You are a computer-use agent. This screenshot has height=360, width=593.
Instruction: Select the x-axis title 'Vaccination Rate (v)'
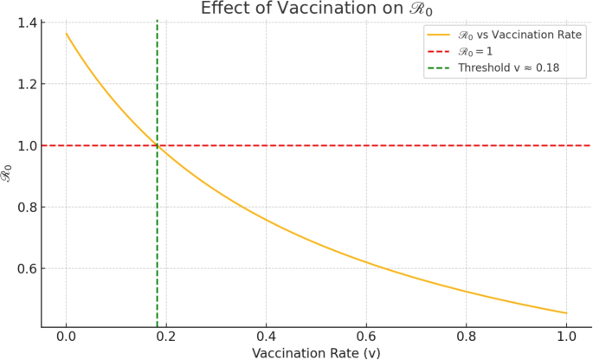point(316,352)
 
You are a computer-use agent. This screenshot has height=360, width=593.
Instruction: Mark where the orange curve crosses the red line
point(157,145)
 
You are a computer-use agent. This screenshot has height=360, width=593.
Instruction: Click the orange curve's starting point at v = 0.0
point(66,34)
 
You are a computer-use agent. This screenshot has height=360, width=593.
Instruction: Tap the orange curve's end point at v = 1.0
point(566,313)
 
